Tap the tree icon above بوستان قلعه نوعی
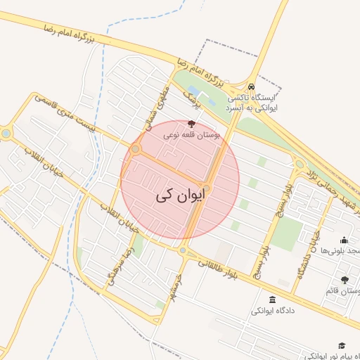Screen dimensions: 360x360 192,124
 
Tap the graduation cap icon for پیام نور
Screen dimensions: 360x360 342,345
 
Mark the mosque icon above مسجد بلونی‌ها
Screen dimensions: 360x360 343,240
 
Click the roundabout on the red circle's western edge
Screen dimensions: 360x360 135,149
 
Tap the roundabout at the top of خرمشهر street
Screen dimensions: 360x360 183,250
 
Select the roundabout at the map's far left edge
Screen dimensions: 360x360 6,132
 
